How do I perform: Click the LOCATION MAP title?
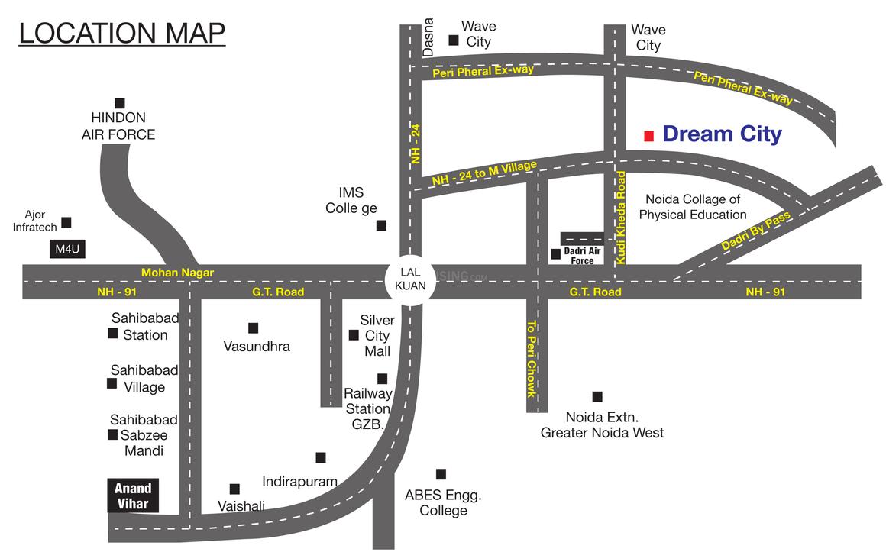click(x=122, y=34)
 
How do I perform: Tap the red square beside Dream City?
click(x=648, y=136)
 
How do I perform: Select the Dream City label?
click(x=722, y=135)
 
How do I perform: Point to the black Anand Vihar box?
click(x=133, y=496)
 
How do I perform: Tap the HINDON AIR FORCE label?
click(x=118, y=127)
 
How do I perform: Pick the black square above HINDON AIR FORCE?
click(x=119, y=103)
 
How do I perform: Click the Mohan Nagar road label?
click(x=177, y=273)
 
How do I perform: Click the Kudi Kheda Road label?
click(x=621, y=218)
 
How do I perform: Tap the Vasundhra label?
click(x=257, y=347)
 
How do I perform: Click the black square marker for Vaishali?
click(x=234, y=489)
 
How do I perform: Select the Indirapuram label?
click(x=299, y=482)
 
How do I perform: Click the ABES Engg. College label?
click(x=443, y=502)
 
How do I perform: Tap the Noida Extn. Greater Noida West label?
click(x=602, y=425)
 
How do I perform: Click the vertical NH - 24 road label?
click(x=416, y=144)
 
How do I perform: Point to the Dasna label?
click(x=428, y=37)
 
